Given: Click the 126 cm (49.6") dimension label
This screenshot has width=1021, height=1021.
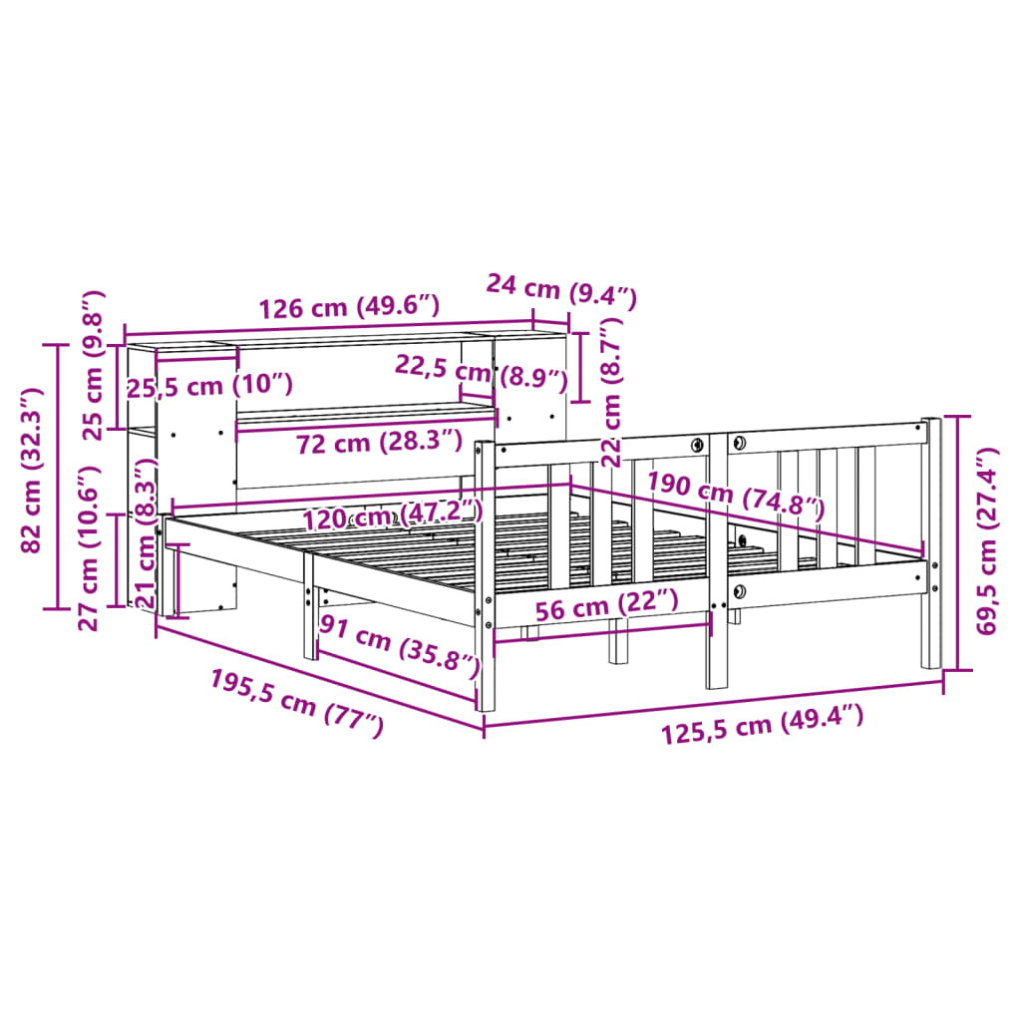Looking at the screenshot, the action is click(x=350, y=306).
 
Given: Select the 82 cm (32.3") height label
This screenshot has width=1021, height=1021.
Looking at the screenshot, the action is click(x=31, y=471).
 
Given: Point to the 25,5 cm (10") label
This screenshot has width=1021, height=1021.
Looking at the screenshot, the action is click(x=209, y=386).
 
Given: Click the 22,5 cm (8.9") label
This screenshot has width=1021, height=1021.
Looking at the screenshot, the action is click(x=482, y=372).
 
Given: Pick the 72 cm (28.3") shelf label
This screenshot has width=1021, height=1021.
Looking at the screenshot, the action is click(x=379, y=442).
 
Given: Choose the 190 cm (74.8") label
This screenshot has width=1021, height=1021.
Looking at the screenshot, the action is click(x=735, y=495).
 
